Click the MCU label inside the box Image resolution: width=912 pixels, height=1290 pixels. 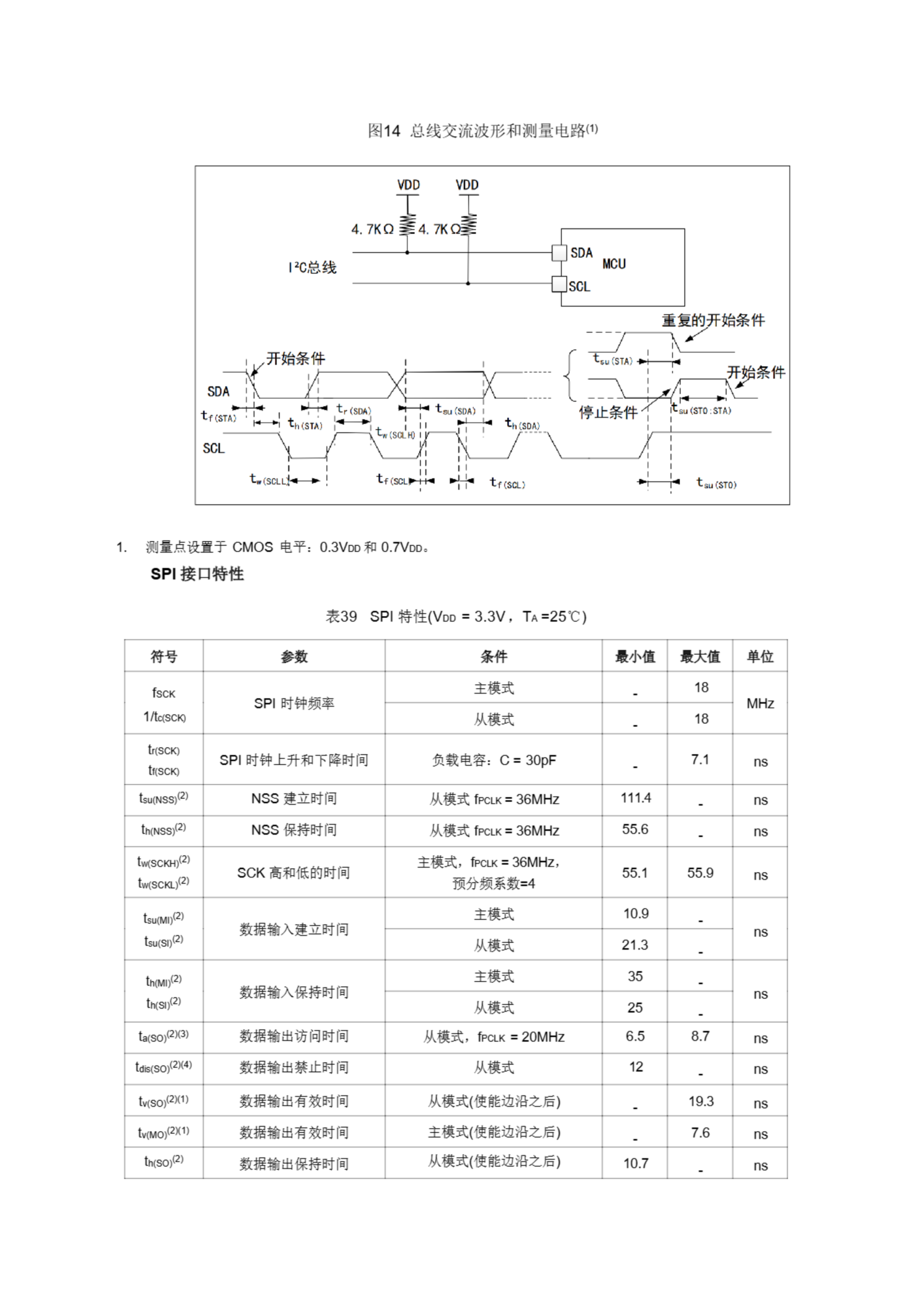[614, 264]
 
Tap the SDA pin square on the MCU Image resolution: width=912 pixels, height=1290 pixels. [559, 253]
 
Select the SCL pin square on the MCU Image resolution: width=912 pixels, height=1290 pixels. [559, 284]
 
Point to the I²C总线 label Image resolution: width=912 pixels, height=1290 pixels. [312, 268]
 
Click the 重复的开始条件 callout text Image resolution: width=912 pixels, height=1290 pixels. [712, 320]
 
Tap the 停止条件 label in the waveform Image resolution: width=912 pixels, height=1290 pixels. [608, 412]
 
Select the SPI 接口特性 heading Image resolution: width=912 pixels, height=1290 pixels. [197, 573]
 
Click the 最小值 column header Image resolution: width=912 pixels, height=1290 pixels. [634, 656]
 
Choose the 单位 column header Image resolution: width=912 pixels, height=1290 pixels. [760, 656]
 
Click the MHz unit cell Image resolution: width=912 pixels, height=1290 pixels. [760, 703]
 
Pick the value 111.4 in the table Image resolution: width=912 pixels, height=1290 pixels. [635, 798]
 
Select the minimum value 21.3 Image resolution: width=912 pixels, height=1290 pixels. [634, 944]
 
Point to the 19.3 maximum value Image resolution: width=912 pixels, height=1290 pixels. [701, 1101]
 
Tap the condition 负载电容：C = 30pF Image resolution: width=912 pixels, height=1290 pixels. [493, 760]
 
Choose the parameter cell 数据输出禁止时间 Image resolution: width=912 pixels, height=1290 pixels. [294, 1067]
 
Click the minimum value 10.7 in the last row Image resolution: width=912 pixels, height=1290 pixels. [635, 1163]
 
